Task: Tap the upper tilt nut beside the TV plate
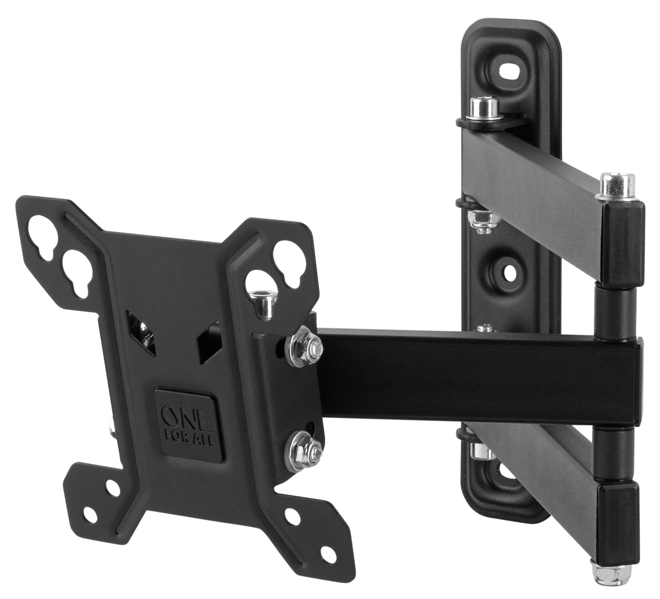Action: click(x=302, y=347)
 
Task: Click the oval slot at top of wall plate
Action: click(x=512, y=72)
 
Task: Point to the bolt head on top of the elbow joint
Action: click(x=617, y=184)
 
